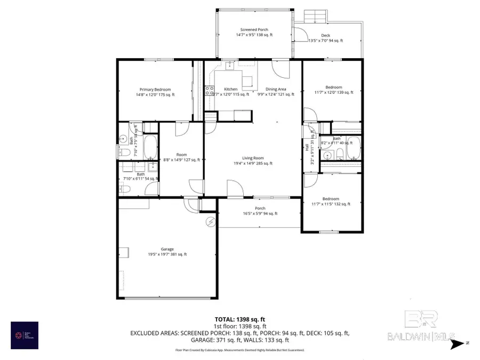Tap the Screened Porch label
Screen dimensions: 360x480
point(254,32)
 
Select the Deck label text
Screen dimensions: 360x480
point(325,38)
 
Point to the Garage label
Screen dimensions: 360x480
point(167,252)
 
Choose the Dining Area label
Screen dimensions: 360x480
point(276,92)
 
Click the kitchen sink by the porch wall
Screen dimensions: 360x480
point(229,66)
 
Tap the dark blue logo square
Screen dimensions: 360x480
point(25,335)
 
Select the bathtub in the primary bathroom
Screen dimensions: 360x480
point(150,145)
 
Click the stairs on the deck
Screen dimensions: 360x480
point(314,17)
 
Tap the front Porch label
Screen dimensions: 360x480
point(260,211)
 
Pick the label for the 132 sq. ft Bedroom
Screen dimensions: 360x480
point(331,201)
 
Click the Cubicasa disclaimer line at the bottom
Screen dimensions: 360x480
point(240,350)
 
